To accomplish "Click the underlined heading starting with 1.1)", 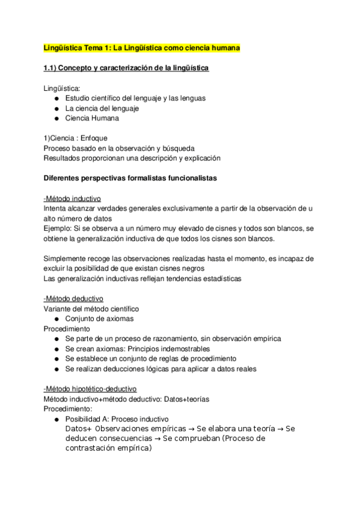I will coord(126,69).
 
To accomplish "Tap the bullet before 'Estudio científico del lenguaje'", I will coord(56,99).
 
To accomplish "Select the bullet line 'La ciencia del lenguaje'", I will coord(102,108).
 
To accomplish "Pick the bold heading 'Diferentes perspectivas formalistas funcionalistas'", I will coord(131,179).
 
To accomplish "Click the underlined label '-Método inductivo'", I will coord(72,198).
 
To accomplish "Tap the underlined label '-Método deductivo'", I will coord(73,298).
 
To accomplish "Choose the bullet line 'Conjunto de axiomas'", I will coord(99,319).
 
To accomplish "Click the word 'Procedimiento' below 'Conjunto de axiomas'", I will coord(67,329).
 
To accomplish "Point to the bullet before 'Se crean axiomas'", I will coord(56,349).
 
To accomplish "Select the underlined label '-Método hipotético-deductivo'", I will coord(90,389).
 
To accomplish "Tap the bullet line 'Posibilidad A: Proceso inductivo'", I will coord(117,419).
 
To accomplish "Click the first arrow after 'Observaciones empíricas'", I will coord(185,429).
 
